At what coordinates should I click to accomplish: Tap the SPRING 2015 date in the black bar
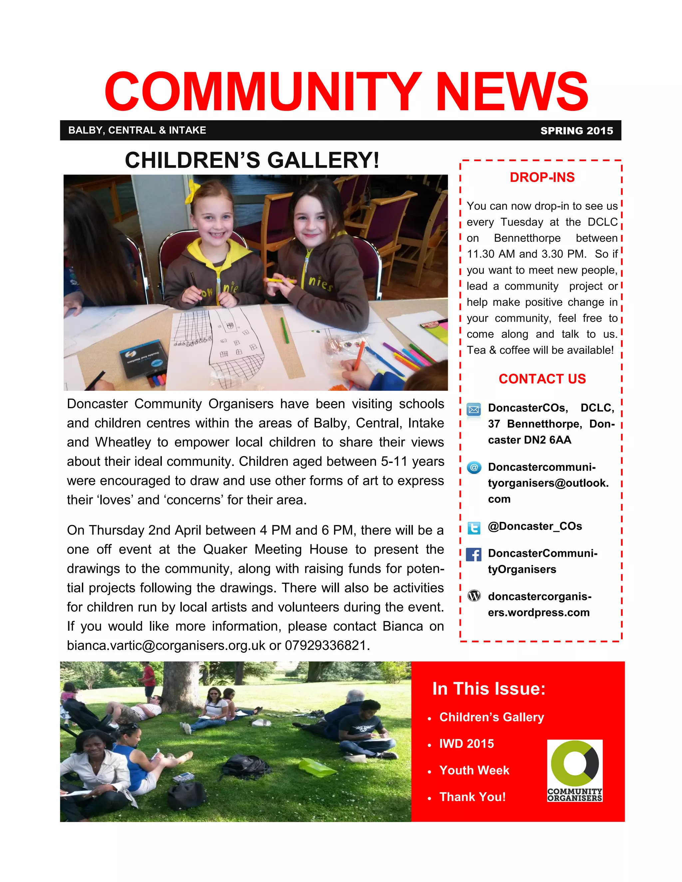pyautogui.click(x=576, y=131)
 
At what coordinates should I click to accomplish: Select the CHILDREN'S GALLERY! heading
pyautogui.click(x=252, y=160)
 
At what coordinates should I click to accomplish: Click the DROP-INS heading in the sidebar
pyautogui.click(x=542, y=177)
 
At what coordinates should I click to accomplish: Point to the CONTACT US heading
pyautogui.click(x=542, y=379)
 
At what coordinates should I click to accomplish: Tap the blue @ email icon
pyautogui.click(x=474, y=468)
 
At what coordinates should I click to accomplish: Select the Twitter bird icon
pyautogui.click(x=474, y=528)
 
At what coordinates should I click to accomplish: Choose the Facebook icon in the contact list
pyautogui.click(x=474, y=554)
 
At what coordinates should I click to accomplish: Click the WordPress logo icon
pyautogui.click(x=474, y=595)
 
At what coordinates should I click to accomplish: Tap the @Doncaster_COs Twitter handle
pyautogui.click(x=534, y=526)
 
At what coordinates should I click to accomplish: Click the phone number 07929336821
pyautogui.click(x=326, y=645)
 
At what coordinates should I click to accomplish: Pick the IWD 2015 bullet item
pyautogui.click(x=466, y=744)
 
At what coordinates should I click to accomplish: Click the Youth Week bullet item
pyautogui.click(x=474, y=770)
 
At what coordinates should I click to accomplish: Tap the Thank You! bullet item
pyautogui.click(x=472, y=797)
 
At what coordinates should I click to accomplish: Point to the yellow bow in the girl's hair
pyautogui.click(x=192, y=191)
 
